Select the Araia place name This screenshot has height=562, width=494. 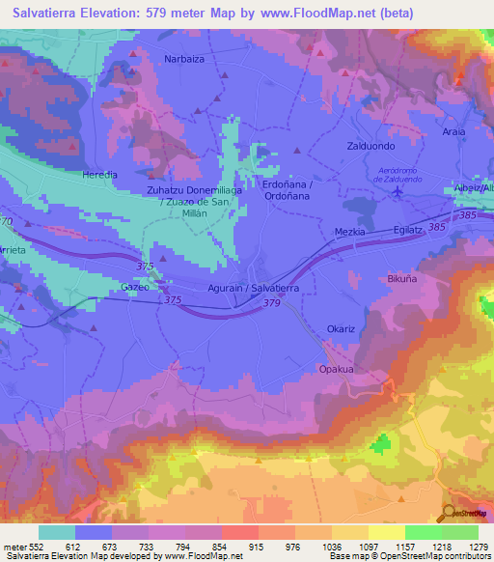tap(453, 131)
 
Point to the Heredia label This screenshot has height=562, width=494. tap(98, 175)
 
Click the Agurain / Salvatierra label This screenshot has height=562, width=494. tap(253, 289)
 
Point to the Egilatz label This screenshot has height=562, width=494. tap(407, 231)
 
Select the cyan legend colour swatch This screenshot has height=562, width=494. tap(57, 532)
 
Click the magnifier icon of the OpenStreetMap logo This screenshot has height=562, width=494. tap(449, 514)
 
